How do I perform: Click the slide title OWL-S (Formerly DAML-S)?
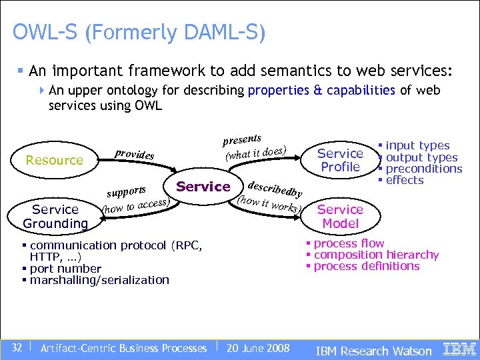coord(139,32)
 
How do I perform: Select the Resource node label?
coord(54,160)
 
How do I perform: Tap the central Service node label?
coord(203,187)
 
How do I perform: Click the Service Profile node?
coord(340,160)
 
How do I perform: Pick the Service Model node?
coord(340,217)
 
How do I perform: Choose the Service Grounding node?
coord(55,217)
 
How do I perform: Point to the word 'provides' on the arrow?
coord(134,153)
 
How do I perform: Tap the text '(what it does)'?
coord(256,153)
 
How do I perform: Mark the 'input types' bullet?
coord(417,145)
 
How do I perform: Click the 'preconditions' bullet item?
coord(423,169)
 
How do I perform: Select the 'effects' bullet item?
coord(404,180)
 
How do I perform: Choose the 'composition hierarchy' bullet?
coord(375,255)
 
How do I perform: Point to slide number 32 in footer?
coord(17,347)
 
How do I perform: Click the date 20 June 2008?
coord(258,348)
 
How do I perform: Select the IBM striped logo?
coord(459,348)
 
